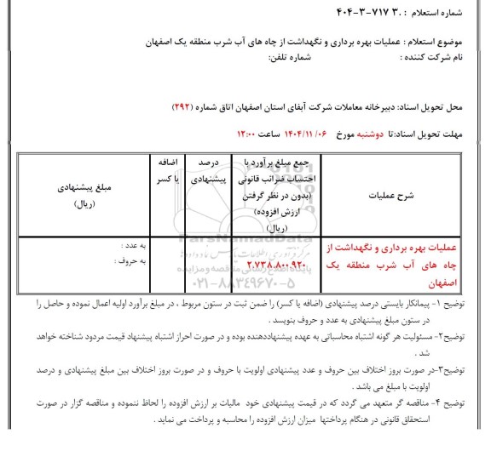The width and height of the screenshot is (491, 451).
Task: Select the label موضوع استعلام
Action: coord(444,42)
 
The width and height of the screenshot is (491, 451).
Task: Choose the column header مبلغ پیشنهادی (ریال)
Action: coord(85,192)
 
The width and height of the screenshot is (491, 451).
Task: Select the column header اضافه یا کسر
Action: coord(165,168)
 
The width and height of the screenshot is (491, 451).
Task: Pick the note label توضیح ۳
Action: coord(465,377)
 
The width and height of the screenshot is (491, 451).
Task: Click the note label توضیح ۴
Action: coord(465,408)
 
